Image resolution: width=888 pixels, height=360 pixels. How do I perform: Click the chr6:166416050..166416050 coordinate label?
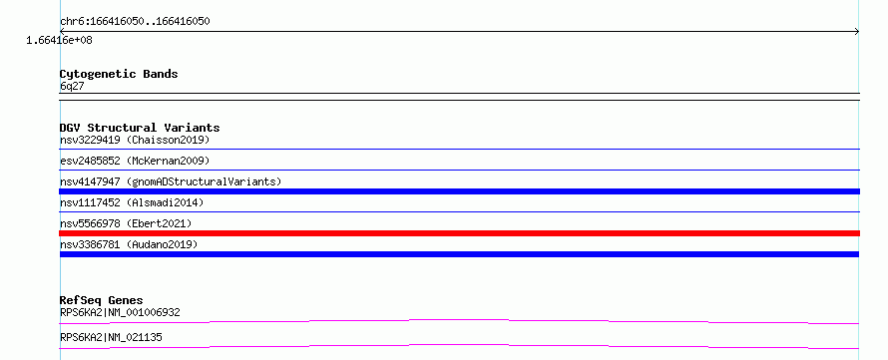(x=136, y=22)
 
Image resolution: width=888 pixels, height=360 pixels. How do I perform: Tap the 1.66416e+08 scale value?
(x=60, y=41)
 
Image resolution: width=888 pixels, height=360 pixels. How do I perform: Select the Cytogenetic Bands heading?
(x=119, y=74)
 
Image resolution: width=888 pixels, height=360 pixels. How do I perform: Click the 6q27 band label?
(x=72, y=86)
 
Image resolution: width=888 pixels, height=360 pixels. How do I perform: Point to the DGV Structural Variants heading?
(x=140, y=128)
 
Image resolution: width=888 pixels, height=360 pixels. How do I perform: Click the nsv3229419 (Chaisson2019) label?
(x=135, y=140)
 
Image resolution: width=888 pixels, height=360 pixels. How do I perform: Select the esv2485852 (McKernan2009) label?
(x=135, y=161)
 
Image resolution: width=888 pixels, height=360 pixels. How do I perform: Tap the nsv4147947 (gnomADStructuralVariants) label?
(x=171, y=181)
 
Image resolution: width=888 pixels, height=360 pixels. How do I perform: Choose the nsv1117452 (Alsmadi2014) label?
(x=132, y=202)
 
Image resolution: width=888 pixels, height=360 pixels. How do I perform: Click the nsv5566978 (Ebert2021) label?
(x=127, y=223)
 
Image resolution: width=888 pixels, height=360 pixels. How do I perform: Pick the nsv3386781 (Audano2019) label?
(x=129, y=244)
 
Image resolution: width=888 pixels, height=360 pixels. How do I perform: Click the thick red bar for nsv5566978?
(x=459, y=233)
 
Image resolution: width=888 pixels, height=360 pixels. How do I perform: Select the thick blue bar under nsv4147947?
(x=459, y=191)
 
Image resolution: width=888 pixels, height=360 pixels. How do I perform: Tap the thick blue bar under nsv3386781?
(x=459, y=254)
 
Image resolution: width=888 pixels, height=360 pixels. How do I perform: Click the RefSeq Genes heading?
(x=102, y=300)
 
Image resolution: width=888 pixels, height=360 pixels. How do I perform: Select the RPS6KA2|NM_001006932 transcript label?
(x=120, y=312)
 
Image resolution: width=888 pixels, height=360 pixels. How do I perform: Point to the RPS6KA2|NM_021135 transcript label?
(x=111, y=337)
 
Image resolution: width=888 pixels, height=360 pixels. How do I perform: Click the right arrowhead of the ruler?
(x=857, y=32)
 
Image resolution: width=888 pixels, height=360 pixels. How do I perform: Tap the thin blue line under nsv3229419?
(x=459, y=149)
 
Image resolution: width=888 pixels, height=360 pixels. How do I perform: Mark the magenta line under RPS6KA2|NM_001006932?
(x=459, y=321)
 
